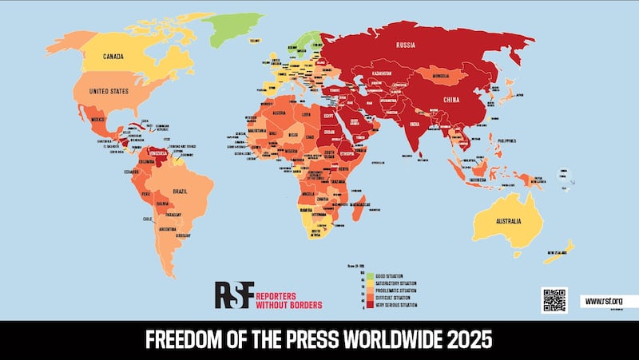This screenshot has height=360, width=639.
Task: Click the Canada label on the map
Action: point(119,56)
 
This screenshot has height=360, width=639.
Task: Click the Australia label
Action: point(506,220)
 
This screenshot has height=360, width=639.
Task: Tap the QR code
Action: point(554,300)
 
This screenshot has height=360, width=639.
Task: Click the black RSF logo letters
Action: point(233,295)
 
